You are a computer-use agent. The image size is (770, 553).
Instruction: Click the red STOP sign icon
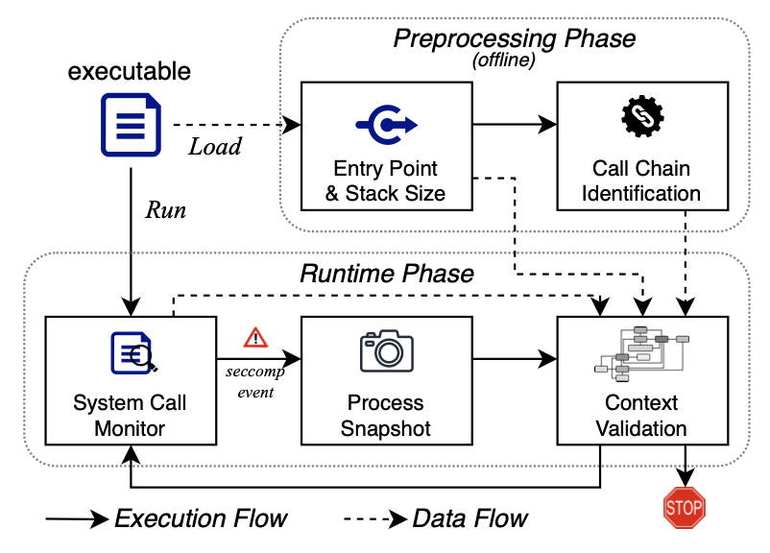684,506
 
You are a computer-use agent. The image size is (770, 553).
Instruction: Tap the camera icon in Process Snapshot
387,351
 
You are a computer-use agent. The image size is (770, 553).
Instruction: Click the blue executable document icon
130,124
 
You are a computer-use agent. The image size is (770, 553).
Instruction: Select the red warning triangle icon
255,338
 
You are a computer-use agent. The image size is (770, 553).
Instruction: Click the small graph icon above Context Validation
640,351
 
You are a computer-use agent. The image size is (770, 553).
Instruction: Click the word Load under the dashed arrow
214,148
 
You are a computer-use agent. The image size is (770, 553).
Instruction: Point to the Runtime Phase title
387,274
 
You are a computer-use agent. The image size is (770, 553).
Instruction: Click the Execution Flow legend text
201,519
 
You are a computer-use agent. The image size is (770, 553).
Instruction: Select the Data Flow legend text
469,519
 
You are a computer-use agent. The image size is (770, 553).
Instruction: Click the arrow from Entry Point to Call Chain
513,124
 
